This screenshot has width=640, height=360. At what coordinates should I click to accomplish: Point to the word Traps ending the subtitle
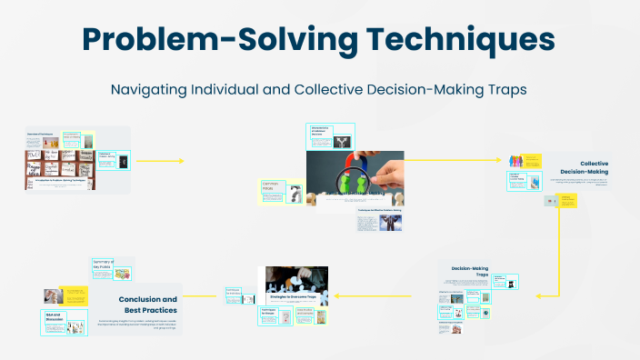click(510, 90)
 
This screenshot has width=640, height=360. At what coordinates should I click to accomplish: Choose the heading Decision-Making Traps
click(470, 272)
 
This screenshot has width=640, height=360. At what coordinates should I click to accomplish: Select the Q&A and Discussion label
click(54, 317)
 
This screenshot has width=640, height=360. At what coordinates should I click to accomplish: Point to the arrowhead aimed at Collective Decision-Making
click(501, 159)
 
